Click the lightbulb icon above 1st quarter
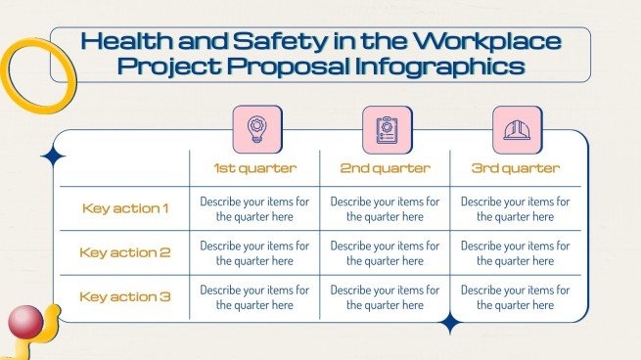(x=256, y=130)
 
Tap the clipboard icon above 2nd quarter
(x=387, y=130)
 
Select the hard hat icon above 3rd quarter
(x=517, y=130)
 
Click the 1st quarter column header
(x=254, y=168)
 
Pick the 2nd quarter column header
(x=385, y=168)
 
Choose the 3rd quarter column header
(x=516, y=168)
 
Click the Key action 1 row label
(x=125, y=208)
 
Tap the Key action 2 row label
(x=125, y=252)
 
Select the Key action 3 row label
(x=125, y=296)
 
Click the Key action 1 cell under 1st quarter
(x=254, y=208)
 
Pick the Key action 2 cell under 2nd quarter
(x=385, y=252)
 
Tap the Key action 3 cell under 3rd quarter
(x=516, y=296)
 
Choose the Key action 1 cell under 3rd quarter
(x=516, y=208)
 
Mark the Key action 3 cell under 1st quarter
(x=254, y=296)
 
